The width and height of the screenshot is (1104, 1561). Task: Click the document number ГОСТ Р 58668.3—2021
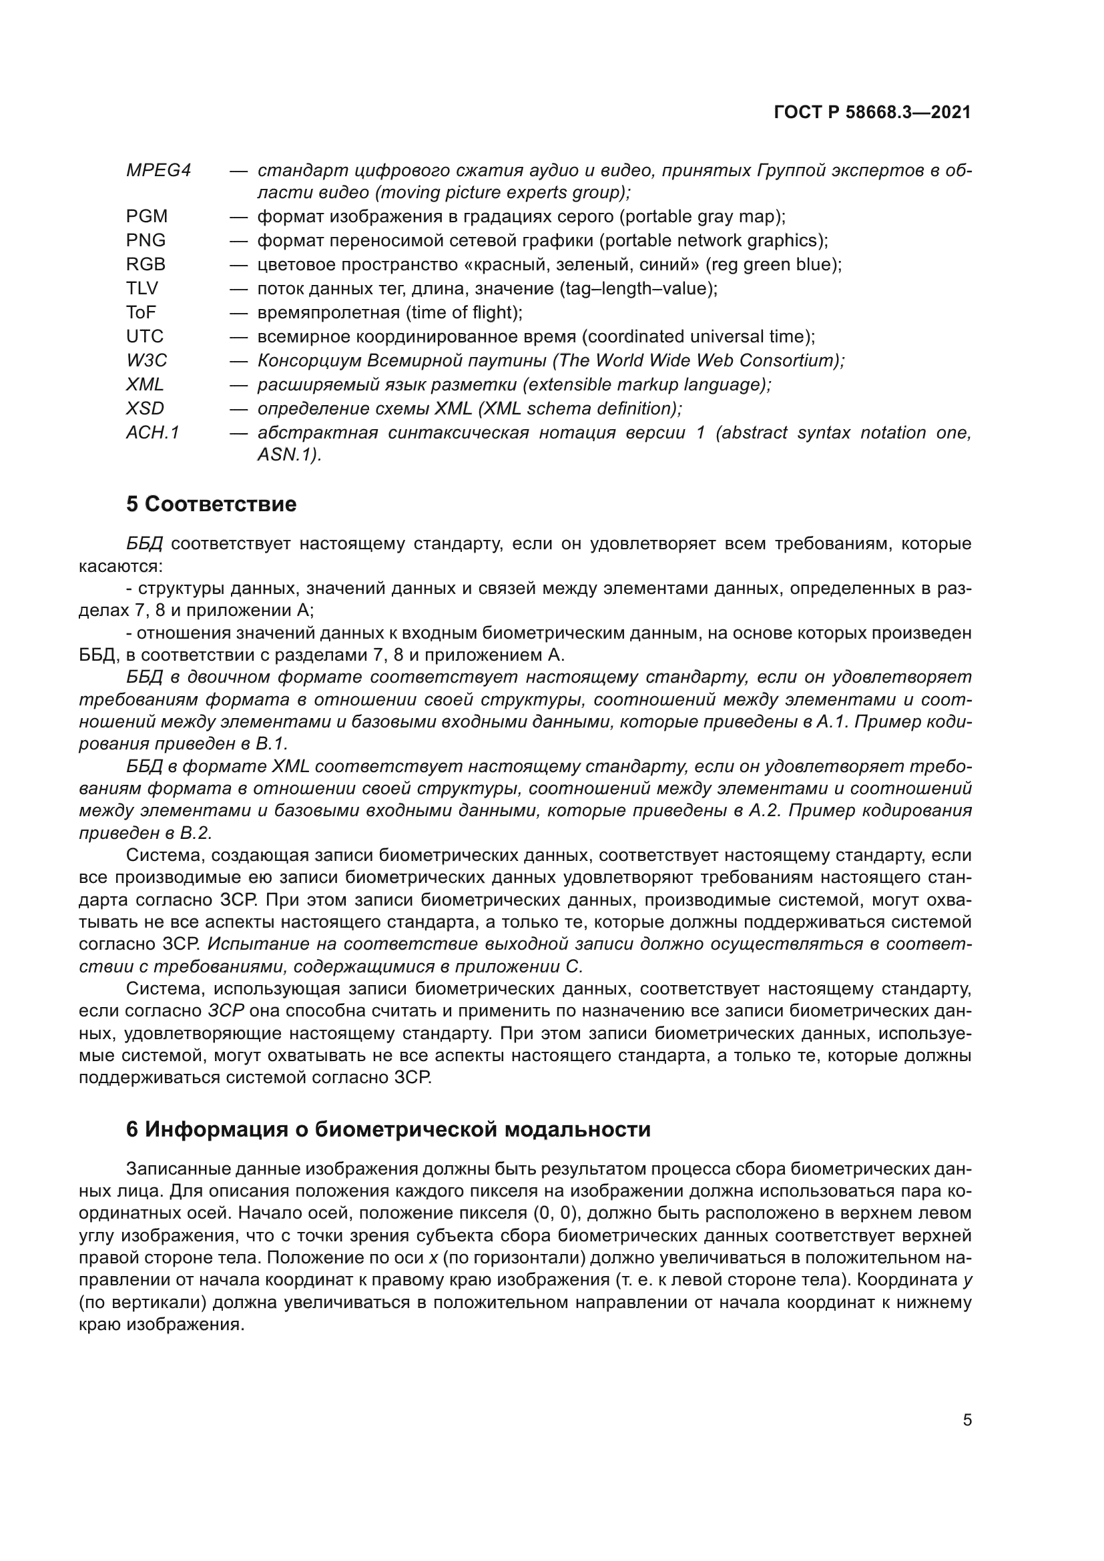point(872,113)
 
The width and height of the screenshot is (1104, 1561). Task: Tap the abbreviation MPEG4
point(158,170)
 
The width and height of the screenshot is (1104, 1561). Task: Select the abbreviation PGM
point(146,217)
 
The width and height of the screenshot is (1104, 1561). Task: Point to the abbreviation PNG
point(146,241)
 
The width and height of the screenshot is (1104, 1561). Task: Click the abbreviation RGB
point(146,264)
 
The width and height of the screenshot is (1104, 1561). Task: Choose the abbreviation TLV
point(142,289)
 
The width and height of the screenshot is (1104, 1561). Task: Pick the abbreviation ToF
point(141,313)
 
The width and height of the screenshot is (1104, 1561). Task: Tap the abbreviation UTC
point(144,336)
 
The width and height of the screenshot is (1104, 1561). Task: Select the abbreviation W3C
point(146,360)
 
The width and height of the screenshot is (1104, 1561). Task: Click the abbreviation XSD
point(145,408)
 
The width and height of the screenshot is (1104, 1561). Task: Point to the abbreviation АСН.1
point(152,432)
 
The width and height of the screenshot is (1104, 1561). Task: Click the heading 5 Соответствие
point(212,505)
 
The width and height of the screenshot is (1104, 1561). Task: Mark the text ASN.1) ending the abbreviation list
point(288,455)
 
